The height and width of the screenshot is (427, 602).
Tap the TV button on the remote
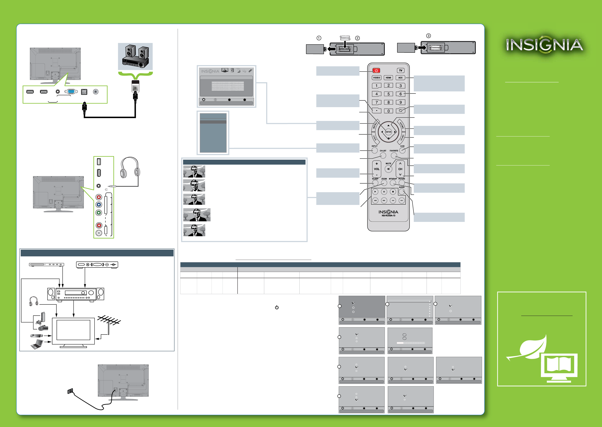tap(401, 71)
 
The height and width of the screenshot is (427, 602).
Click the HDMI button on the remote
tap(388, 78)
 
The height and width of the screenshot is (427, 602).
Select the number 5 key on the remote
tap(388, 94)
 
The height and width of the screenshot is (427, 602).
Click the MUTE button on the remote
tap(388, 169)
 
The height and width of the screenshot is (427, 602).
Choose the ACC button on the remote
tap(400, 78)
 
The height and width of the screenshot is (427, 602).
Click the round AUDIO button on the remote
tap(402, 192)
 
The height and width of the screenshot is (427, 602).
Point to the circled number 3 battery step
tap(428, 36)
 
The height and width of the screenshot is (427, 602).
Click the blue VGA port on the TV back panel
tap(71, 92)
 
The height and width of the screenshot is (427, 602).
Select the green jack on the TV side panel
tap(99, 213)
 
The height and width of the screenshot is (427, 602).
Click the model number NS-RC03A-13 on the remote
tap(388, 216)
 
